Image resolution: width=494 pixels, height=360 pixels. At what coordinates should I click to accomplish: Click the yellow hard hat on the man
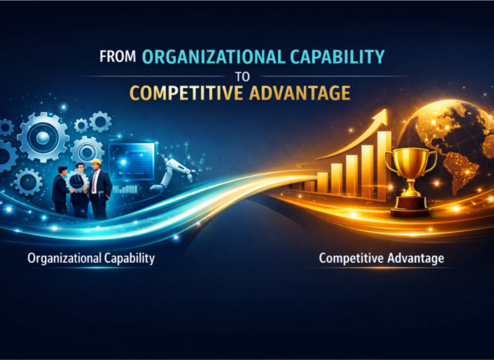(97, 162)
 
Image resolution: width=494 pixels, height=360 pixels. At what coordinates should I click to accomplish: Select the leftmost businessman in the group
(61, 189)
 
